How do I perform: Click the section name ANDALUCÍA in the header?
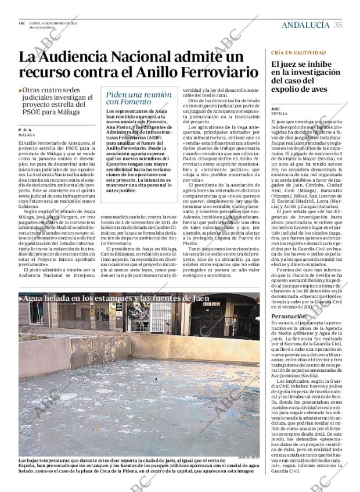pyautogui.click(x=305, y=24)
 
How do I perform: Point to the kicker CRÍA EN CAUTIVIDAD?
pyautogui.click(x=298, y=52)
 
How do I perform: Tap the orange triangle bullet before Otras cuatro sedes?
pyautogui.click(x=20, y=91)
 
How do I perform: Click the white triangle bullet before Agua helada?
pyautogui.click(x=21, y=299)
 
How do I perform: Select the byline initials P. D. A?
pyautogui.click(x=26, y=130)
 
